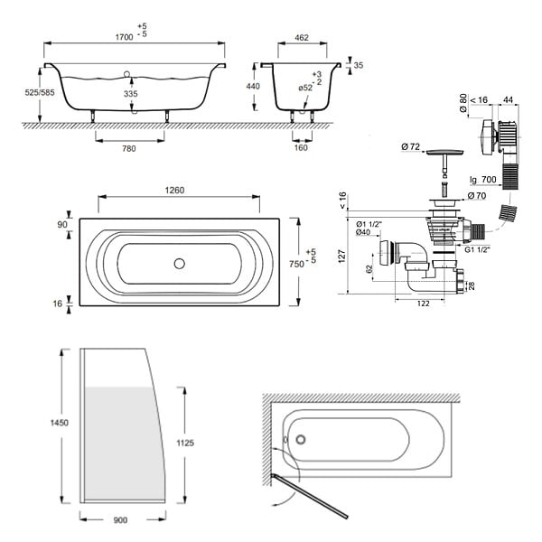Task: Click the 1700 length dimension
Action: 124,37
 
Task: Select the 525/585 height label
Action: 40,92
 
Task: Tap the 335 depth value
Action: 131,93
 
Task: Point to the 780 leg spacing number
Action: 129,149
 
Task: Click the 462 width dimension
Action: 302,37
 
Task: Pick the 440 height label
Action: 253,86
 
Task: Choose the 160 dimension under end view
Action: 301,147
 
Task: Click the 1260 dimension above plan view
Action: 174,190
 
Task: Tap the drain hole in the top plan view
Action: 180,264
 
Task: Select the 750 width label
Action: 296,264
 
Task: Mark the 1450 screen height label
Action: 60,423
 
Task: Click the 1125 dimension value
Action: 185,443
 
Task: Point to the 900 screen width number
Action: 120,520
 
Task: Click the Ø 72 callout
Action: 411,146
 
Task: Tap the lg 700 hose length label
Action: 483,180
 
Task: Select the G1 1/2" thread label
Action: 477,249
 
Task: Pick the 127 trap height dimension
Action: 341,257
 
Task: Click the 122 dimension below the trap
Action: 424,304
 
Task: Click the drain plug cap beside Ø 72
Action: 444,153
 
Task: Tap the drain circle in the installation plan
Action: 301,440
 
